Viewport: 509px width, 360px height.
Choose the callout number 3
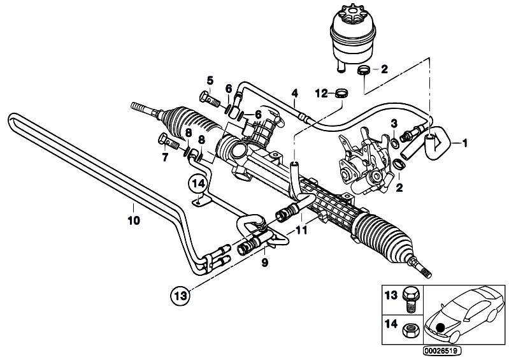tap(394, 122)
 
